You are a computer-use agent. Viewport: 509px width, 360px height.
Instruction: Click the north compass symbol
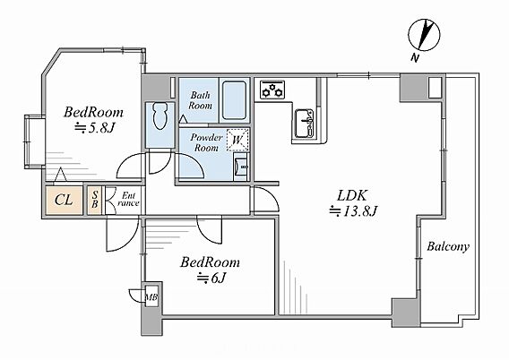424,35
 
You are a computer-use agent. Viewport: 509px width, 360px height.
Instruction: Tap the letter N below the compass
415,58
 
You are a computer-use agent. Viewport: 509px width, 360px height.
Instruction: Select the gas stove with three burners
272,90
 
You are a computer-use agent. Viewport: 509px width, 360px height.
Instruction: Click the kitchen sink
304,124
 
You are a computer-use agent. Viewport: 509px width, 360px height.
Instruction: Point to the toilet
160,116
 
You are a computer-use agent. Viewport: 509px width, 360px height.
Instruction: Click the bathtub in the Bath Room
234,100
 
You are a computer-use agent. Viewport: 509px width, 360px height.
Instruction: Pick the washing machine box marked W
237,140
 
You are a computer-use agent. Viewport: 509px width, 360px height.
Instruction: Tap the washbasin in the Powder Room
240,167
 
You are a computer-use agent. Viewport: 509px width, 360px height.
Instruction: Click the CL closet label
64,200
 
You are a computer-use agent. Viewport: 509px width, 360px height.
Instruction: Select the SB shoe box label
95,200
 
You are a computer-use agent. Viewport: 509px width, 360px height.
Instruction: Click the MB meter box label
151,296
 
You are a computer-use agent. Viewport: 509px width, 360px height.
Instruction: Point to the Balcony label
448,246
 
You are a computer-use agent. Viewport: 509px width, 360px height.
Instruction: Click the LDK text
352,196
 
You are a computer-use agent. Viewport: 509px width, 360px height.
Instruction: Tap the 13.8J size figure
353,211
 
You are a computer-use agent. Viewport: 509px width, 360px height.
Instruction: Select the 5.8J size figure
95,128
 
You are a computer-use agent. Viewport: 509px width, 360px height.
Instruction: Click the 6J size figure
211,278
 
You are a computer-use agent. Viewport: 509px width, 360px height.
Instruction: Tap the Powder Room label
206,142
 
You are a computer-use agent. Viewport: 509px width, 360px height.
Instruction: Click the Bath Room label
201,100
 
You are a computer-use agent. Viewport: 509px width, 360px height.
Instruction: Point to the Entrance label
128,200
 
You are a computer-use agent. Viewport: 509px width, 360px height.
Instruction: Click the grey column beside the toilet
156,88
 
